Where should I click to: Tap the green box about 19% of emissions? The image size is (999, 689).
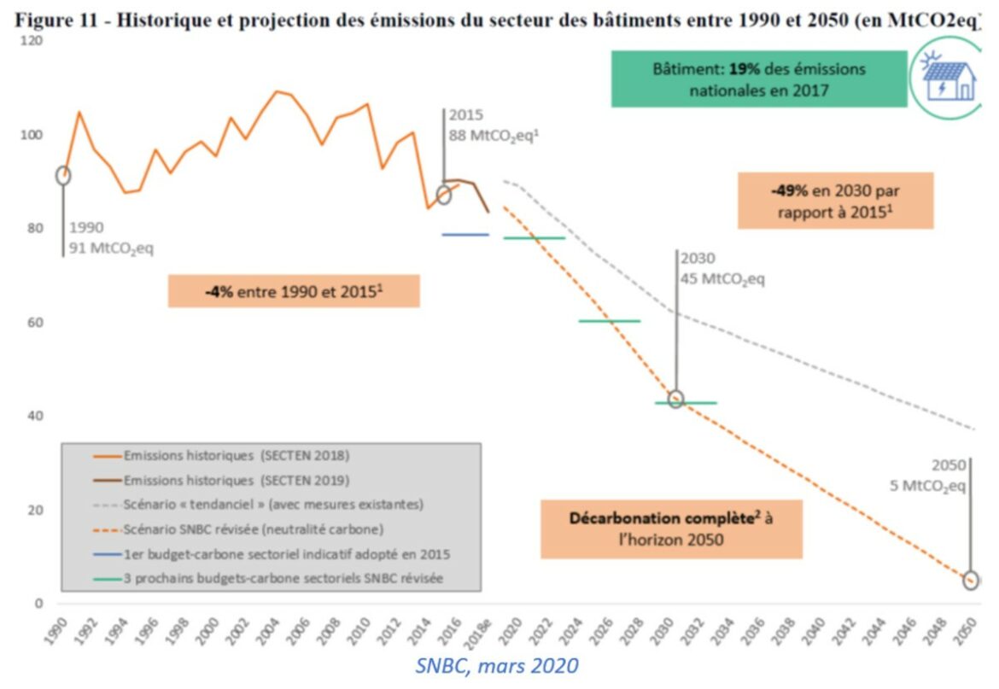(758, 79)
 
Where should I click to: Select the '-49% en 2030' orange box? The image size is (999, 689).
(835, 201)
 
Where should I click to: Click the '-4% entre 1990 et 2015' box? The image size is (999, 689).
(294, 291)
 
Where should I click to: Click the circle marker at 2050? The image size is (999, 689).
(971, 581)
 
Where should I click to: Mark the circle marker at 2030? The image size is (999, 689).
(675, 399)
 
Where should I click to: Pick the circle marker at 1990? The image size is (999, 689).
(63, 175)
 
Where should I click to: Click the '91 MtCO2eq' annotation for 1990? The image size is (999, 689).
(112, 248)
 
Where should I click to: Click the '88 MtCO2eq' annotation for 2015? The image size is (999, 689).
(494, 135)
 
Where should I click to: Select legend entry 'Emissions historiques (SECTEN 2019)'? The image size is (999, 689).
(236, 480)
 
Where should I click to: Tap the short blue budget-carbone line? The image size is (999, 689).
(465, 234)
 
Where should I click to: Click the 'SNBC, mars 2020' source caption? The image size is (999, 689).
(497, 666)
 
